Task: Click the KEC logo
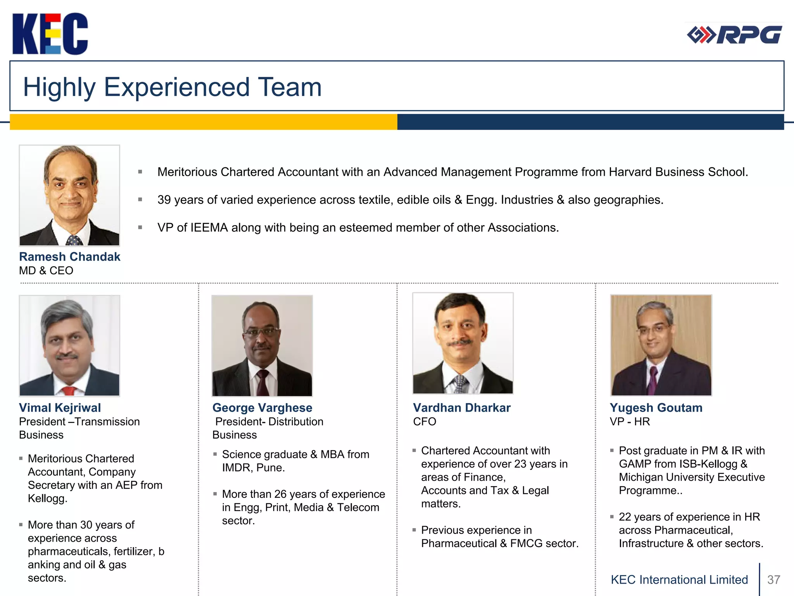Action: [x=50, y=34]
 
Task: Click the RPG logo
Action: [x=734, y=35]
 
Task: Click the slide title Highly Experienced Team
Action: [x=172, y=87]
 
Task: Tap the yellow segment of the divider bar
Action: [x=203, y=122]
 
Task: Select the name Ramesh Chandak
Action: [x=70, y=257]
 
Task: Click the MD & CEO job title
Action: [x=46, y=270]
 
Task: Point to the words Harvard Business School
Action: [x=678, y=172]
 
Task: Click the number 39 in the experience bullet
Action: [x=164, y=200]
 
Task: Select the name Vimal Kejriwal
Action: [x=60, y=408]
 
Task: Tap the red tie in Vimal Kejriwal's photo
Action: [x=69, y=391]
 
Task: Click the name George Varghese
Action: [x=262, y=408]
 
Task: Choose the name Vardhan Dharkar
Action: [x=462, y=408]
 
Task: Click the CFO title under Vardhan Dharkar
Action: [x=425, y=421]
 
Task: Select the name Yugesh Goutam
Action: [x=656, y=408]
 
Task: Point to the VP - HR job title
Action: [x=630, y=421]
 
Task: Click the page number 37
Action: [x=773, y=580]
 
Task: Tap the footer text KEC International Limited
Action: [x=679, y=580]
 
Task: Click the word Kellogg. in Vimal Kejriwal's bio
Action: [x=47, y=498]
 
